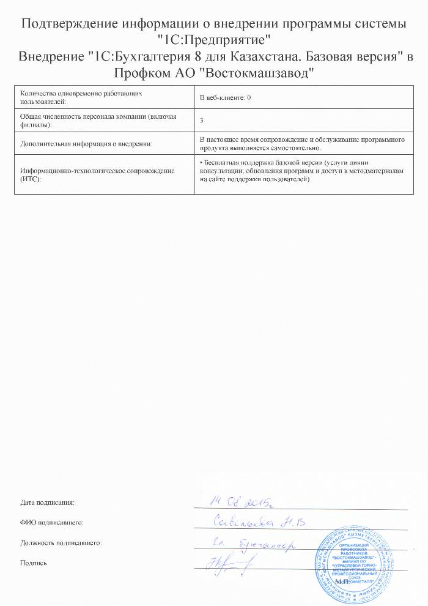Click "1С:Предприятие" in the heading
click(x=214, y=42)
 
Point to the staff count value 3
click(x=202, y=120)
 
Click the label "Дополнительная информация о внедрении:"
click(x=86, y=143)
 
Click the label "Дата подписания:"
click(x=47, y=503)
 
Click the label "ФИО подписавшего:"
click(x=51, y=522)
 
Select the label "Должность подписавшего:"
click(x=61, y=542)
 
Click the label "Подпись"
click(x=33, y=563)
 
